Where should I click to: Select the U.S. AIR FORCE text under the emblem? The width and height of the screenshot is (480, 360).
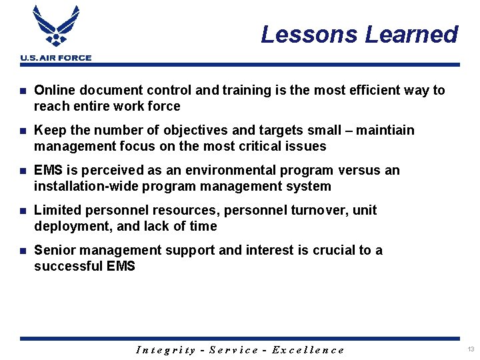(x=56, y=58)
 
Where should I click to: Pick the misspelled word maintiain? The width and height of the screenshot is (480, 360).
(x=385, y=130)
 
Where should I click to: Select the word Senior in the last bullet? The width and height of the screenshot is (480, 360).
(x=53, y=250)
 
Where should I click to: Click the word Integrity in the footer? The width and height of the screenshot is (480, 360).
(x=166, y=350)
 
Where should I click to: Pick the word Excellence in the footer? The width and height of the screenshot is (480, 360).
(x=308, y=350)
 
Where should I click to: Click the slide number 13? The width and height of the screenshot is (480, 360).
(x=471, y=350)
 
